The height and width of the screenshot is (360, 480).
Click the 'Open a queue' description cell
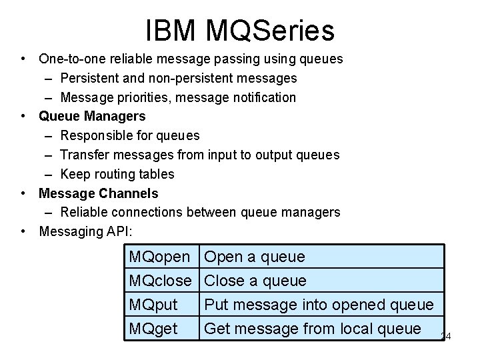click(255, 257)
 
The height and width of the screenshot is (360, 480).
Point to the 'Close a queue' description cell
click(255, 281)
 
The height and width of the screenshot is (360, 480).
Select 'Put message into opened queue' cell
click(319, 305)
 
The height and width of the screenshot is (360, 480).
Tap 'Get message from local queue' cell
click(313, 328)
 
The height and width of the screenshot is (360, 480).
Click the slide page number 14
click(446, 337)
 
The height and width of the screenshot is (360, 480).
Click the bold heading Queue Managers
click(92, 117)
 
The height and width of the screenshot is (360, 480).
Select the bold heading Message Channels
click(99, 193)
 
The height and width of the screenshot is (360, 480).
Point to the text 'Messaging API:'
click(86, 231)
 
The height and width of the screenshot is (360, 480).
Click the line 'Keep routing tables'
click(117, 174)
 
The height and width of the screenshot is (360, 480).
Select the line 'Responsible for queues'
click(130, 136)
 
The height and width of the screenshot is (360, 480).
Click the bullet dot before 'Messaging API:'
click(23, 231)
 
